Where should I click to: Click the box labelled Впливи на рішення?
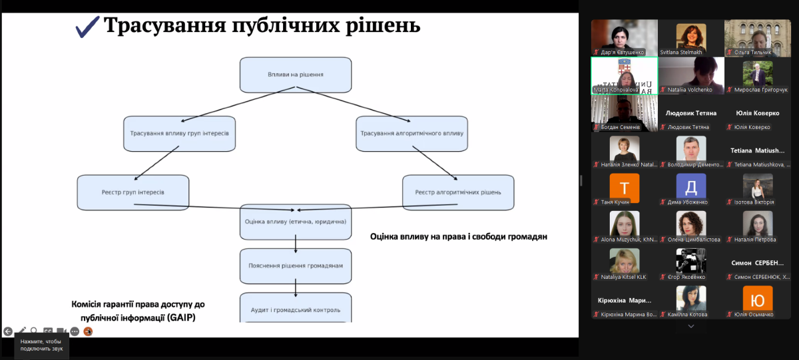295,75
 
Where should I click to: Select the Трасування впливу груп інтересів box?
179,133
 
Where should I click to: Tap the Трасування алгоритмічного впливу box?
411,133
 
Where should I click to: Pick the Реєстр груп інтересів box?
133,192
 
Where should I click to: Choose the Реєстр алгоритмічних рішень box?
458,192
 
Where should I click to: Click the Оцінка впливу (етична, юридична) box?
295,222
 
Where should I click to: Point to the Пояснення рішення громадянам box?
295,266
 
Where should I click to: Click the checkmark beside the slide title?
88,27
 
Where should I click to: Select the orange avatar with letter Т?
624,186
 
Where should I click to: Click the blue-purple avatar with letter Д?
691,186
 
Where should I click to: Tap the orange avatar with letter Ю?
758,299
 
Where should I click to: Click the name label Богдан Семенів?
621,127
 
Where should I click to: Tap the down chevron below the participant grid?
691,326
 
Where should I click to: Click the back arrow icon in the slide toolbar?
8,331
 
